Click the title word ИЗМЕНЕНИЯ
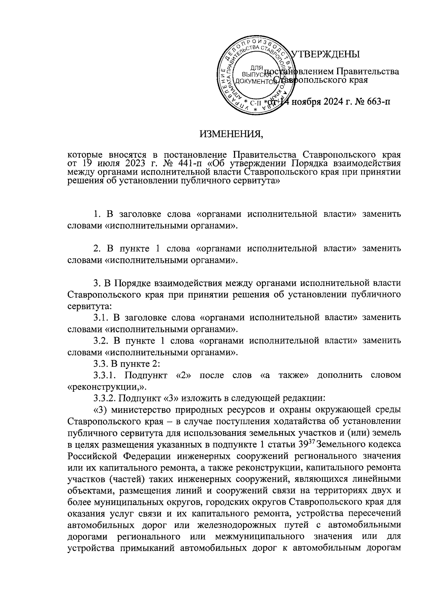pyautogui.click(x=231, y=134)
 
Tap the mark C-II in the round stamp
pyautogui.click(x=256, y=103)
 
